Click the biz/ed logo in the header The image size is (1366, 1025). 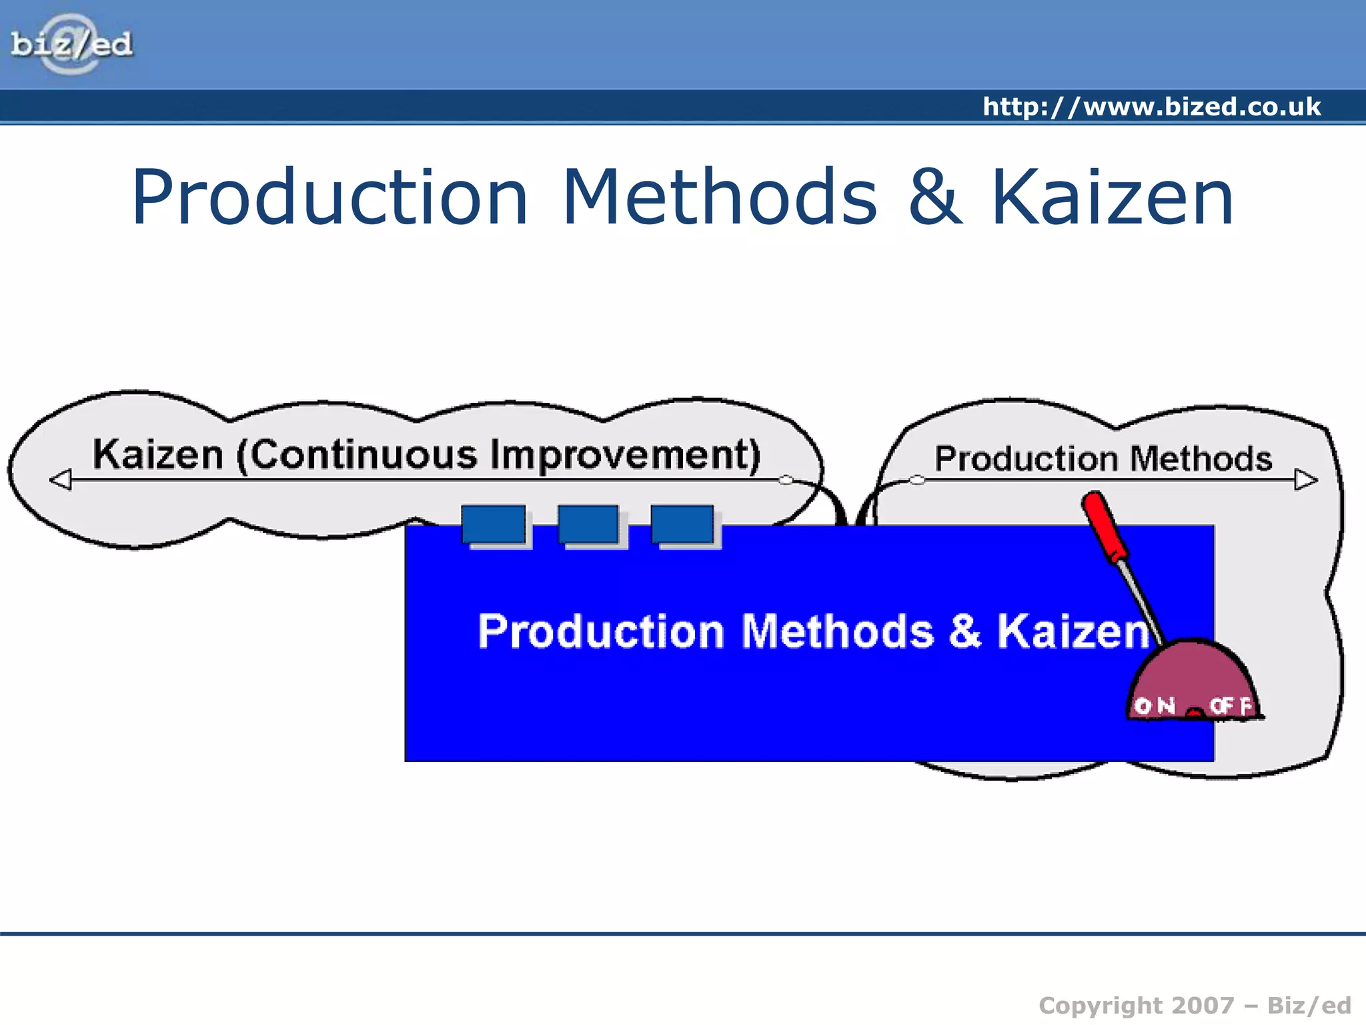[71, 45]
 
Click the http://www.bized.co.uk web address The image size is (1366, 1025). [1151, 107]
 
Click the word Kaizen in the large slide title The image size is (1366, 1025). [1112, 198]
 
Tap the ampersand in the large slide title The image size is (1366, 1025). [935, 198]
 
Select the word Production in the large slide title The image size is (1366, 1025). [330, 198]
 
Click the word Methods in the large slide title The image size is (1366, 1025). [719, 198]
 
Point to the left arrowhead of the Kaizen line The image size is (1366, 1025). [61, 479]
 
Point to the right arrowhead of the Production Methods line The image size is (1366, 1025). [1305, 479]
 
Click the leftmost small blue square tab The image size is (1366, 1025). [494, 525]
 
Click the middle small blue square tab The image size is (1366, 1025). [588, 525]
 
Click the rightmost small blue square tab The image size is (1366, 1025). [682, 525]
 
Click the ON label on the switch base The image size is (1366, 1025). [1155, 705]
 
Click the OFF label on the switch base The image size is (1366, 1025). [1231, 705]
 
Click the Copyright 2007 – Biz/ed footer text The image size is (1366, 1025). [1195, 1005]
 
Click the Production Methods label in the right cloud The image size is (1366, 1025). [1103, 459]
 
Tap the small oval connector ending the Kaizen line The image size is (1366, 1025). [786, 480]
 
